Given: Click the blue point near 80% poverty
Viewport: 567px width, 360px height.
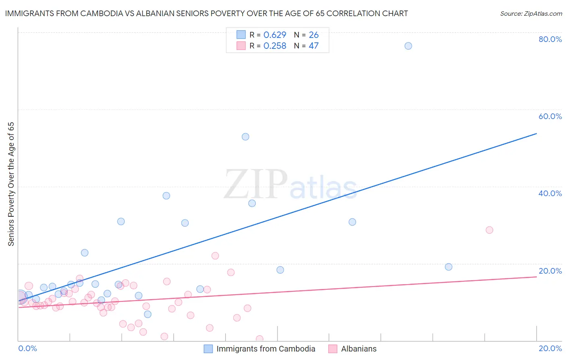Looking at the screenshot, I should (x=408, y=46).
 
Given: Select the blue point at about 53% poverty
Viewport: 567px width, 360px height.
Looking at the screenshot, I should (x=245, y=137).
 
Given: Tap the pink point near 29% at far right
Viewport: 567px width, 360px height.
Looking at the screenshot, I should (x=489, y=230).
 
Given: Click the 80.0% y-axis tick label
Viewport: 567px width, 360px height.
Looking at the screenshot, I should (x=550, y=39).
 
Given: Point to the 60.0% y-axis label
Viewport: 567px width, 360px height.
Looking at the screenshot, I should (x=550, y=116).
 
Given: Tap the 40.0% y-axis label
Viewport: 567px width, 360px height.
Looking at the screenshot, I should (x=550, y=193).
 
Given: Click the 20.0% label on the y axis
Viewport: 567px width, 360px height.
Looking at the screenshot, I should (x=550, y=271).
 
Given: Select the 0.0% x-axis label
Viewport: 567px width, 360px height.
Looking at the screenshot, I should (x=27, y=348).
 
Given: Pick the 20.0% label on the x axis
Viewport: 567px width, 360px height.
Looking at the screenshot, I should (x=550, y=348).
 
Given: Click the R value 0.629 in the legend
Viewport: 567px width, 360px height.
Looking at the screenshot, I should (x=275, y=35).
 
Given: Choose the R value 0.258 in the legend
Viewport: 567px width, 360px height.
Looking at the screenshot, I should (x=275, y=46).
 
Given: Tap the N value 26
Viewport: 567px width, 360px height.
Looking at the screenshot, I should (x=314, y=35).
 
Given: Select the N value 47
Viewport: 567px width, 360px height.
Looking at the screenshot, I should (x=314, y=46).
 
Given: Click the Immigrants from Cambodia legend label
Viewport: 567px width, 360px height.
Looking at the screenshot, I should (x=266, y=349).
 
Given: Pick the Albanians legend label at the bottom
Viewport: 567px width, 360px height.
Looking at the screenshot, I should (x=359, y=349).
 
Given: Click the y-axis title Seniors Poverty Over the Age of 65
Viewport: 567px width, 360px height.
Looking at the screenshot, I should (x=11, y=184).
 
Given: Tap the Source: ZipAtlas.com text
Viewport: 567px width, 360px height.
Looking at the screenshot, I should (x=531, y=14).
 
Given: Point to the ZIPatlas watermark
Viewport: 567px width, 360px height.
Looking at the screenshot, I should (x=290, y=185).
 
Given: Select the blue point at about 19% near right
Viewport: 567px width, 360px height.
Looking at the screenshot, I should (x=448, y=267).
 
